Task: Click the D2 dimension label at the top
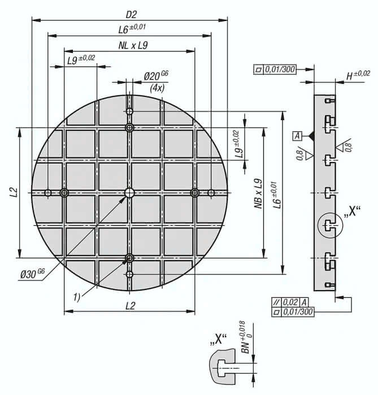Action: point(131,15)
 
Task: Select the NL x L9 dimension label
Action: point(133,46)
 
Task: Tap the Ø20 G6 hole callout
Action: point(156,76)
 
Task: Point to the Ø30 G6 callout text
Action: point(33,274)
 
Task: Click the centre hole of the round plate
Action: point(129,193)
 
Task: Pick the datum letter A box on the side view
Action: point(297,136)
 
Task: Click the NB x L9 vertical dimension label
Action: point(258,194)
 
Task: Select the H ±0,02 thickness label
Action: point(358,75)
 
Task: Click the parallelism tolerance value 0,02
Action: point(290,302)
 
